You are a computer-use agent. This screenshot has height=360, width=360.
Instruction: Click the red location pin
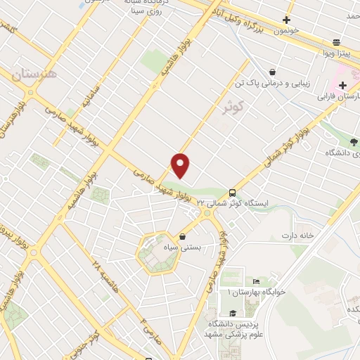coord(181,165)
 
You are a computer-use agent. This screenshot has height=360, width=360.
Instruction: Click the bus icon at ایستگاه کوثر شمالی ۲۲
coord(232,193)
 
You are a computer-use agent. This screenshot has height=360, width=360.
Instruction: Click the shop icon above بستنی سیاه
coord(183,237)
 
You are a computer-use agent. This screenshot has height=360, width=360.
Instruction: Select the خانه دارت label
coord(296,234)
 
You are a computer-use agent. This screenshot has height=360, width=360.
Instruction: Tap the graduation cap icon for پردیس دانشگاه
coord(232,314)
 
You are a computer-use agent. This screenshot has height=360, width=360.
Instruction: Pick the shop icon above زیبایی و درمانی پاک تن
coord(271,72)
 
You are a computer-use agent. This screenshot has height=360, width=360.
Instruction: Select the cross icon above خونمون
coord(286,20)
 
